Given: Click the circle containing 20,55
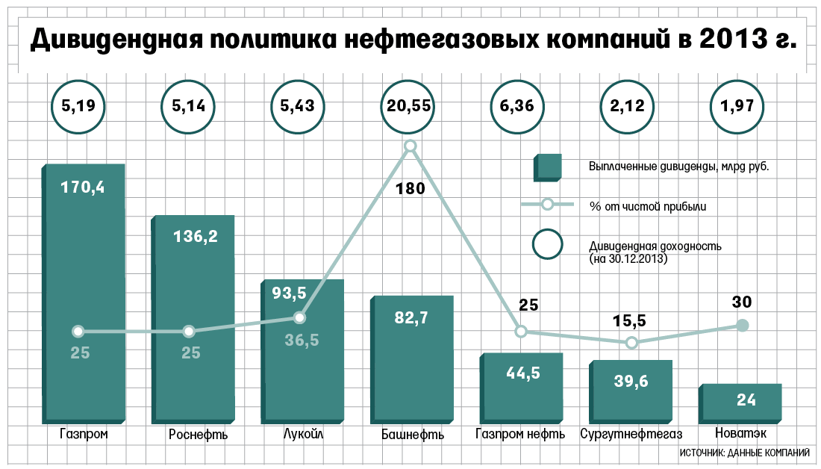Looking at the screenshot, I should [x=408, y=106].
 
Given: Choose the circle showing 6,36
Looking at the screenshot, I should [x=517, y=106].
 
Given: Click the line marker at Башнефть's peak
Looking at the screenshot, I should [x=409, y=146].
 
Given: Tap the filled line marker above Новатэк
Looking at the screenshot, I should [x=742, y=325].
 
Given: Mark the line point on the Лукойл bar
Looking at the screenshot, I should [x=299, y=317].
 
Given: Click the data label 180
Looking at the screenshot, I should [x=410, y=188].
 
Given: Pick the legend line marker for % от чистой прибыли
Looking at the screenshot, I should [x=547, y=205].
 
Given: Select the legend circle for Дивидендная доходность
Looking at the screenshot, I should [x=548, y=243].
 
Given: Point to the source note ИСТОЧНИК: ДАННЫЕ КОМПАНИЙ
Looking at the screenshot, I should [x=745, y=453].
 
